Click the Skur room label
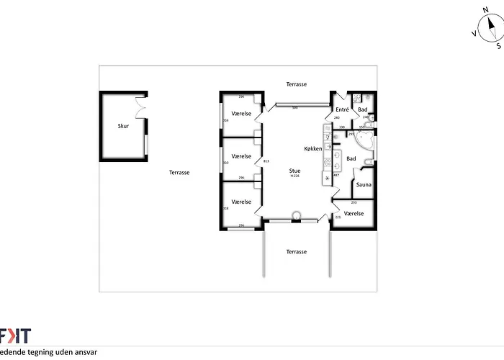coord(123,125)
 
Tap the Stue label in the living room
coord(294,171)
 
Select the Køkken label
coord(312,149)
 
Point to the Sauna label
coord(364,185)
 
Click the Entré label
coord(342,109)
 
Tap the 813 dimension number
coord(266,161)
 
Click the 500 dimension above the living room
coord(294,107)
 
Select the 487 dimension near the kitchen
coord(336,175)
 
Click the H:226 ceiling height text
coord(294,176)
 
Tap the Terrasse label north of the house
coord(295,84)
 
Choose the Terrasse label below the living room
coord(296,252)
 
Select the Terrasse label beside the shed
coord(179,173)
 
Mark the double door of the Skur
coord(139,105)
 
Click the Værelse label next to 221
coord(354,214)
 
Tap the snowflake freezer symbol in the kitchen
coord(328,176)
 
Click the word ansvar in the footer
coord(84,353)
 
